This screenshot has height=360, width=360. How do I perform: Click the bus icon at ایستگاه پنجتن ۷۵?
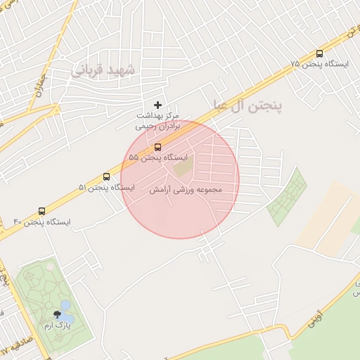coord(320,53)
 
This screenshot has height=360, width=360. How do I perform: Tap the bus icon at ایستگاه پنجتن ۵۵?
coord(157,148)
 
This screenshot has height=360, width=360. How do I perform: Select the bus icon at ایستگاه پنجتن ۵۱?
coord(106,177)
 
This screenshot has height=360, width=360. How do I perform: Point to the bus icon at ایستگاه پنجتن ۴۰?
coord(42,211)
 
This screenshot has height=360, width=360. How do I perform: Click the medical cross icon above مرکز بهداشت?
coord(157,104)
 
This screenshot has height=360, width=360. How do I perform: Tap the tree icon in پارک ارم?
coord(57,314)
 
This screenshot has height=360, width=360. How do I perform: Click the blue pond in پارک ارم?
coord(65,307)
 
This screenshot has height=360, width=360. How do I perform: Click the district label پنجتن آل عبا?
coord(246,106)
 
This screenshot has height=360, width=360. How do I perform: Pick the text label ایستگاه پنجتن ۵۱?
coord(107,188)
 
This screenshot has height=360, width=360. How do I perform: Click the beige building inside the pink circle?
coord(183,168)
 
